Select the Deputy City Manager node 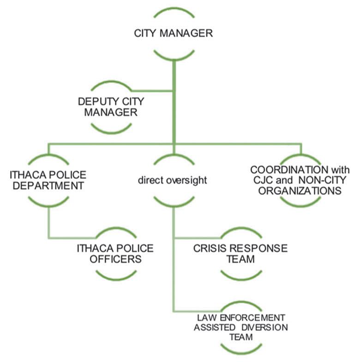coord(107,106)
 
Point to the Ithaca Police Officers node coord(115,253)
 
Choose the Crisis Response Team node coord(240,253)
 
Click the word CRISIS coord(209,248)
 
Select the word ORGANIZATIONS coord(300,190)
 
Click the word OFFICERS coord(115,259)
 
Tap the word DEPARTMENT coord(48,186)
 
